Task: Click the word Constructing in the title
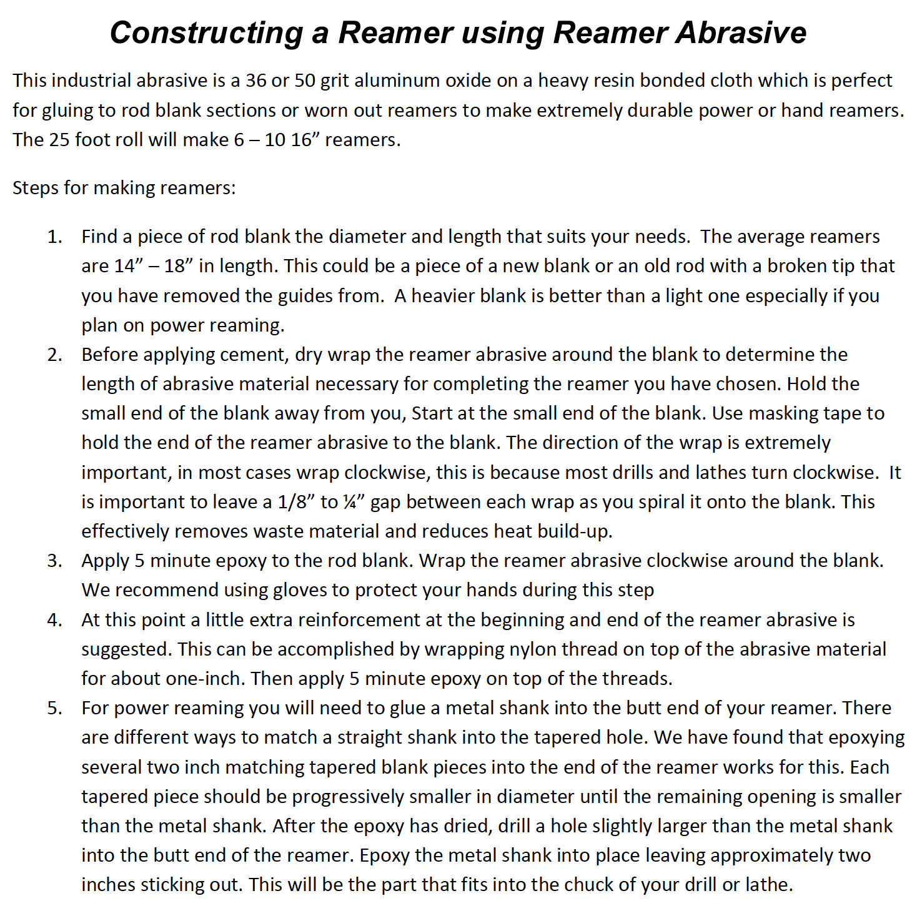pos(206,32)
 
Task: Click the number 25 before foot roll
pos(59,139)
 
